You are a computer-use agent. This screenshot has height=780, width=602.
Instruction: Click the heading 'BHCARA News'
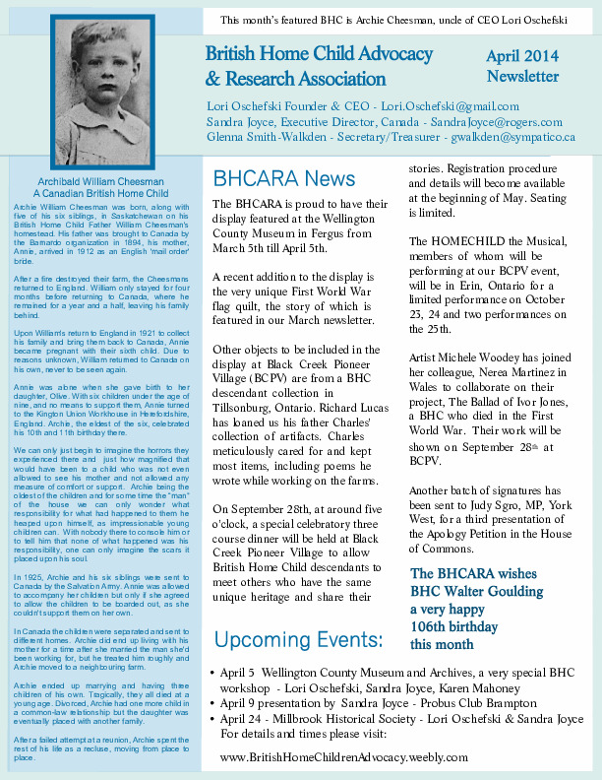[x=284, y=178]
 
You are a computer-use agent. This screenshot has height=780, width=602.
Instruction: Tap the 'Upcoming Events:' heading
[x=298, y=641]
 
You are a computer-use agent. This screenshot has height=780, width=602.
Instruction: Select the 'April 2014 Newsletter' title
[x=522, y=66]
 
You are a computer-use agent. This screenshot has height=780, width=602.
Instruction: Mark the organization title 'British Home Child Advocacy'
[x=319, y=54]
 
